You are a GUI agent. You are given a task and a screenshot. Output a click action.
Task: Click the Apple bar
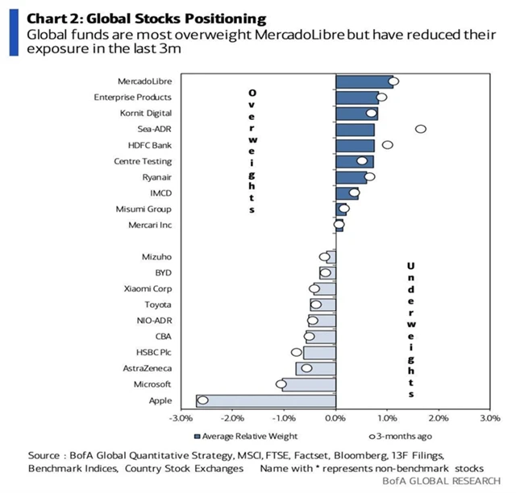(266, 400)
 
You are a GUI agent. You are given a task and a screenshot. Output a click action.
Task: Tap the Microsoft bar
(306, 384)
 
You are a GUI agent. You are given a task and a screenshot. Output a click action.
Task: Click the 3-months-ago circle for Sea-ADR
(420, 129)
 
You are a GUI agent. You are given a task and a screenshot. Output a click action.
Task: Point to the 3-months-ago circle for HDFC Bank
(387, 145)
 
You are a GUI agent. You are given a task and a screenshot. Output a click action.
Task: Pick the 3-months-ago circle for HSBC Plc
(297, 352)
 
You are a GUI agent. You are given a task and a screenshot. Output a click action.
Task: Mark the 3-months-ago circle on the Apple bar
(203, 400)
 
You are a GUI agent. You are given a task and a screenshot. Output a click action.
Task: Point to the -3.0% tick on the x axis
(180, 419)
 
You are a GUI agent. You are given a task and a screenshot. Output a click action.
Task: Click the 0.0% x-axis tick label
(335, 419)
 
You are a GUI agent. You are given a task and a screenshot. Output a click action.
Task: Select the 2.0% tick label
(439, 419)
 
